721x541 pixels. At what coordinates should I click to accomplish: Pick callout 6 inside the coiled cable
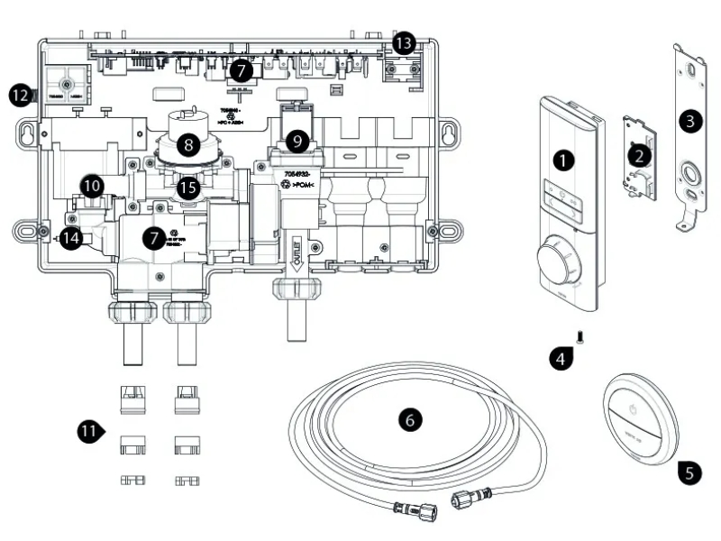pyautogui.click(x=410, y=419)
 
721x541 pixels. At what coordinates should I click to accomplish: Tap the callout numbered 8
pyautogui.click(x=188, y=142)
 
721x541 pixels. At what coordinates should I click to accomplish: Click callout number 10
pyautogui.click(x=91, y=185)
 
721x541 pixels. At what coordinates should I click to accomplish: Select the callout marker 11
pyautogui.click(x=87, y=431)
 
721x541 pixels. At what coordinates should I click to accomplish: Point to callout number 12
pyautogui.click(x=20, y=93)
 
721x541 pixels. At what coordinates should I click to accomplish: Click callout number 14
pyautogui.click(x=72, y=238)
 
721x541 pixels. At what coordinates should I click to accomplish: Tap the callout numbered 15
pyautogui.click(x=188, y=188)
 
